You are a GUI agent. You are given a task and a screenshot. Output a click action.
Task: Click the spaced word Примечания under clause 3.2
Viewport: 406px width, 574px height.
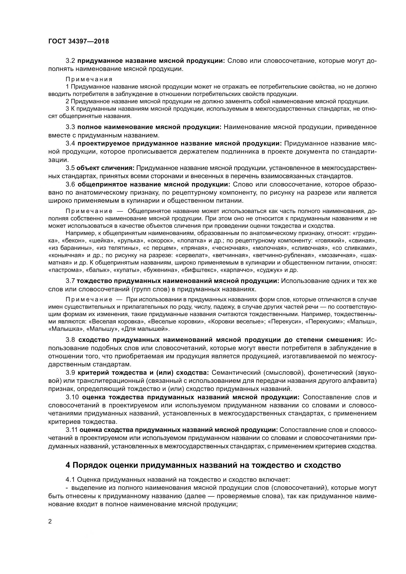[89, 79]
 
